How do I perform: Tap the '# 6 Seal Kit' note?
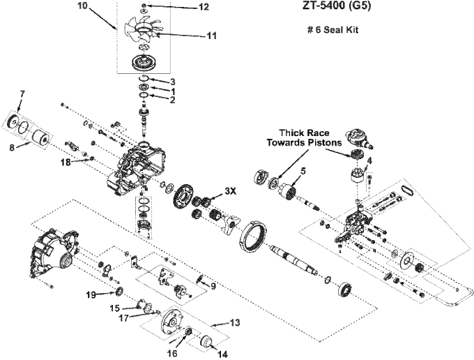[332, 30]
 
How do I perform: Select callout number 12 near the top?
[204, 7]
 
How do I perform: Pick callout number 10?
[82, 6]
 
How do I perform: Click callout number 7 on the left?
[22, 94]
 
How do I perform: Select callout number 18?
[65, 162]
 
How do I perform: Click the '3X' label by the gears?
[230, 191]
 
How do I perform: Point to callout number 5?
[303, 171]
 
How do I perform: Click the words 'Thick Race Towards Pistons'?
[304, 137]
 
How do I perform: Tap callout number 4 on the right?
[369, 160]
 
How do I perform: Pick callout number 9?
[213, 286]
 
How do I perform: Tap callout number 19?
[91, 294]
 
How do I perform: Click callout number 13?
[235, 322]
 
